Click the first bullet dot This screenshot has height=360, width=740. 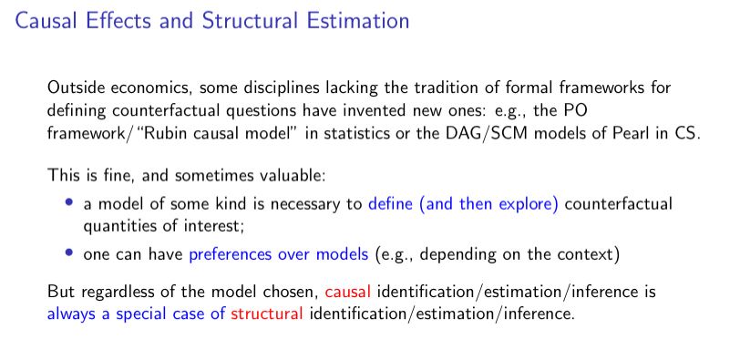pos(69,202)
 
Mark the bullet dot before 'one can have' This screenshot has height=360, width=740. pos(69,252)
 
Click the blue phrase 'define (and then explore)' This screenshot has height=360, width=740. pos(463,205)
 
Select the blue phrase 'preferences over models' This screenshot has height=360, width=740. pos(279,255)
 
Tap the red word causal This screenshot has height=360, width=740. pos(348,291)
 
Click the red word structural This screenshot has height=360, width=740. pos(267,314)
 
